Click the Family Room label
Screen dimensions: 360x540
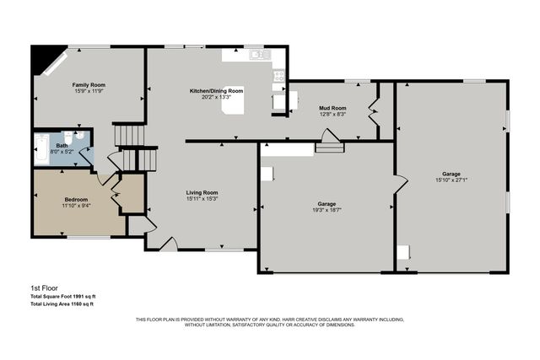(87, 85)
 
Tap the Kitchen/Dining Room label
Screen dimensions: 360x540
(216, 90)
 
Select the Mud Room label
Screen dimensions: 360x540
(332, 108)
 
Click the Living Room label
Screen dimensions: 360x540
(202, 193)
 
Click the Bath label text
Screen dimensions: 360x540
(62, 146)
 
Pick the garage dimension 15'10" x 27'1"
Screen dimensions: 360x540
(452, 180)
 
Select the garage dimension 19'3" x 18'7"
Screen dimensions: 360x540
(328, 210)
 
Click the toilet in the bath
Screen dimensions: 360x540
(79, 136)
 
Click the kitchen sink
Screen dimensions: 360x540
(259, 55)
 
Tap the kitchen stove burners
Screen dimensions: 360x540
(278, 76)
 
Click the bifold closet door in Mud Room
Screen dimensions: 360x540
(374, 110)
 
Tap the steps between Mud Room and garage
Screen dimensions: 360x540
(328, 147)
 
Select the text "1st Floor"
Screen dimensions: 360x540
(43, 287)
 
